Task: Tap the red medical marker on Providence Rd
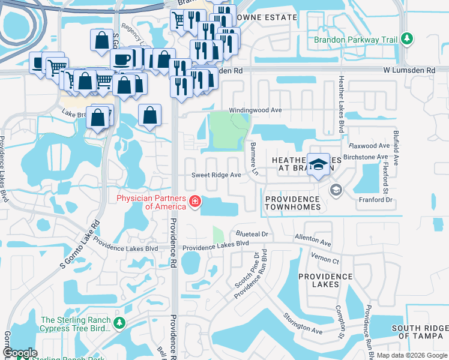[x=194, y=202]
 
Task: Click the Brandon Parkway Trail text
[x=356, y=40]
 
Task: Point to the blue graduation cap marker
[x=318, y=164]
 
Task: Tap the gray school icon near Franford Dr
[x=336, y=190]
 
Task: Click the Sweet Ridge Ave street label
[x=216, y=175]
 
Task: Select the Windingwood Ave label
[x=255, y=111]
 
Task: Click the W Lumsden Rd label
[x=409, y=70]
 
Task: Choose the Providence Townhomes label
[x=292, y=203]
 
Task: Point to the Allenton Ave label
[x=313, y=241]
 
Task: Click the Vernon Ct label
[x=325, y=257]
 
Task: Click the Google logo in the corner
[x=20, y=353]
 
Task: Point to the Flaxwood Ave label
[x=370, y=146]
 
